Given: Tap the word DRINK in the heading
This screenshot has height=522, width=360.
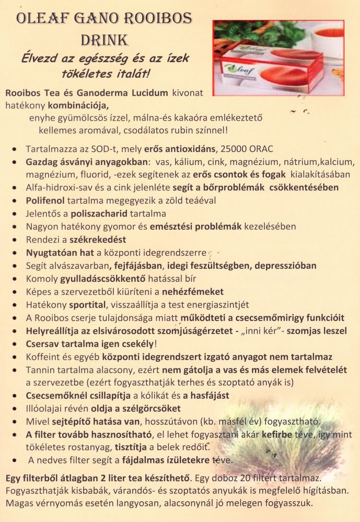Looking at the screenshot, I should click(x=104, y=40).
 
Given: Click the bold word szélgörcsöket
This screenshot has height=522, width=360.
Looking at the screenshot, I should click(x=144, y=409).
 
